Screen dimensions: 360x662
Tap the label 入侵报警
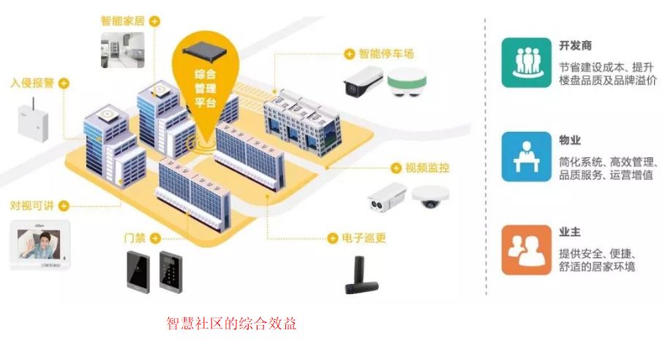point(31,83)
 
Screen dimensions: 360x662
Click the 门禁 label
point(135,238)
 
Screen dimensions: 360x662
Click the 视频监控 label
point(427,168)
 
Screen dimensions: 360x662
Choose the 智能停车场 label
point(386,53)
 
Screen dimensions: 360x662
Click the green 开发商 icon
point(526,63)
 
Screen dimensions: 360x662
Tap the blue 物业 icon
point(526,156)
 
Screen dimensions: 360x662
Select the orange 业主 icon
point(526,250)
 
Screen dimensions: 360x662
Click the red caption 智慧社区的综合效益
point(231,324)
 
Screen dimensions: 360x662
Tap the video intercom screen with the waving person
point(40,245)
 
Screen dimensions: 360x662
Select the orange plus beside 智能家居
point(154,21)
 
